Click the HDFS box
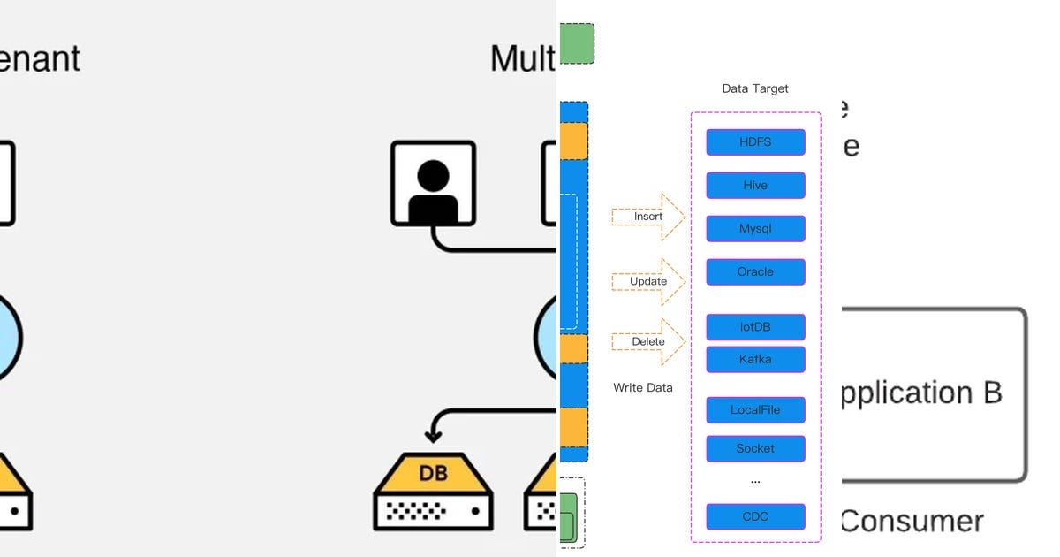tap(755, 142)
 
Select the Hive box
tap(755, 186)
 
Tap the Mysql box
tap(755, 228)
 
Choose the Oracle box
tap(755, 271)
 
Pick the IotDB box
tap(755, 327)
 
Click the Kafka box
tap(755, 359)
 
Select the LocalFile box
tap(755, 410)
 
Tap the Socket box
tap(755, 448)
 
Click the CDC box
tap(755, 516)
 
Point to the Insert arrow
tap(649, 217)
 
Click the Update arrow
tap(649, 281)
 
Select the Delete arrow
tap(649, 341)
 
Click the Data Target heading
tap(755, 88)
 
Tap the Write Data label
tap(643, 387)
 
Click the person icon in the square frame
tap(433, 183)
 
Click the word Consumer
tap(912, 522)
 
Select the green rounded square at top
tap(577, 43)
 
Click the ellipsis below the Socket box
tap(755, 482)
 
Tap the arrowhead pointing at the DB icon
tap(433, 434)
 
